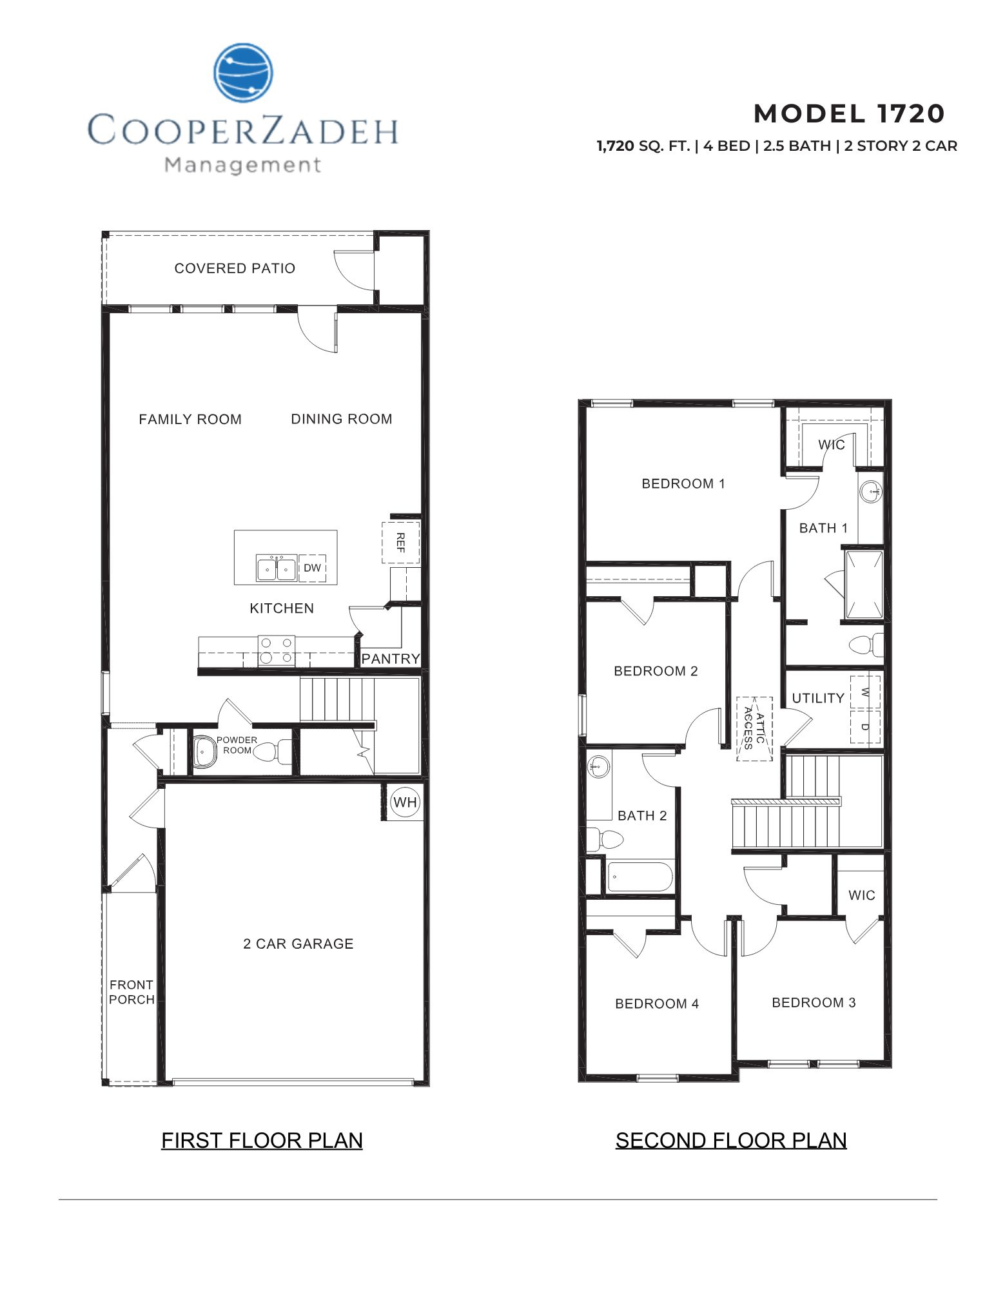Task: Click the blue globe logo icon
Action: (243, 73)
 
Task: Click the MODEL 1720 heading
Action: (848, 113)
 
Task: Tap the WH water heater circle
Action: (405, 802)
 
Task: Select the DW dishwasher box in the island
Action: (312, 568)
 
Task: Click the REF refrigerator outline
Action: (400, 543)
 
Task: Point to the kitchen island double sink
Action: (276, 568)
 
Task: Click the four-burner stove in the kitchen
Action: (277, 651)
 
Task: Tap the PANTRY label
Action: (390, 659)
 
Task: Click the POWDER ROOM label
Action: (237, 745)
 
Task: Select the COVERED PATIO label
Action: (235, 268)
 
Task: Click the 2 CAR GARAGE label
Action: (298, 944)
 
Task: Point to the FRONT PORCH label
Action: (132, 992)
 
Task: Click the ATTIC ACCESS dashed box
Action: (754, 728)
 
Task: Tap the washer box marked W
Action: (864, 692)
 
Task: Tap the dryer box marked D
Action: (864, 727)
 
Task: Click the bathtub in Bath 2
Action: (640, 877)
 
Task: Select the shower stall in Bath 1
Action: (863, 585)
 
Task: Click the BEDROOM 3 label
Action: (814, 1002)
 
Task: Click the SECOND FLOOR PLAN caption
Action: (730, 1140)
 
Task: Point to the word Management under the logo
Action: (242, 165)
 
